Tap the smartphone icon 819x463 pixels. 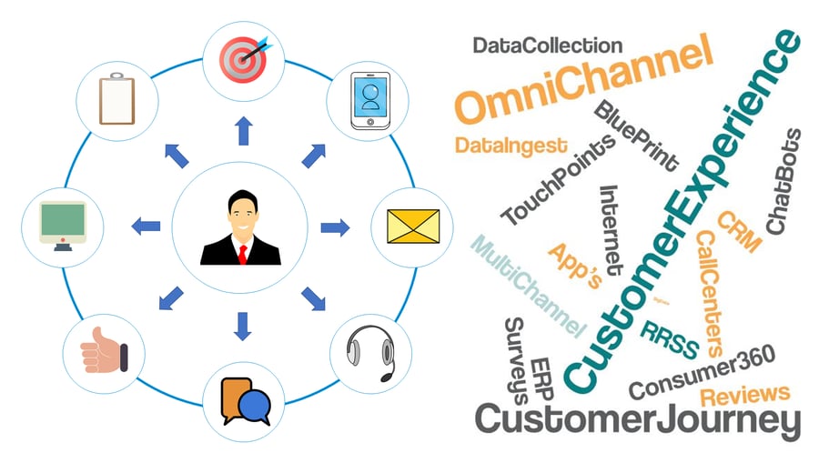coord(369,97)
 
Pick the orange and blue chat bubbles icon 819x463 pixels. coord(244,401)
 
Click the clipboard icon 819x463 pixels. coord(117,98)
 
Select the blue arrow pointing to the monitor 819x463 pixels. coord(146,226)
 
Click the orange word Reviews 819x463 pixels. coord(744,394)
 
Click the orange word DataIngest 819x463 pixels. coord(510,146)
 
